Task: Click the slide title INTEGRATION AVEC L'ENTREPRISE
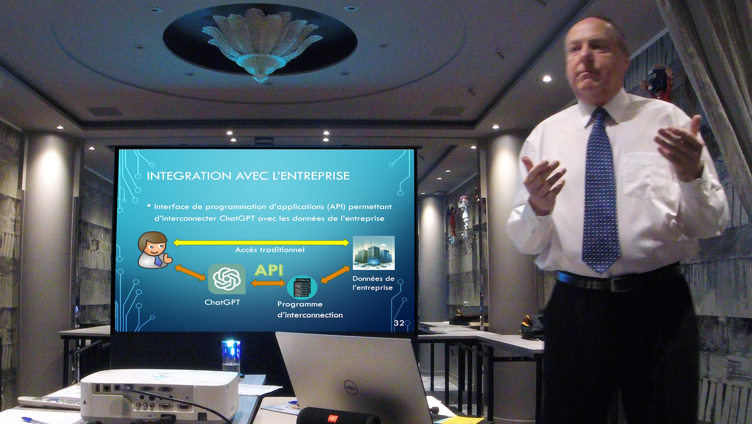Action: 248,176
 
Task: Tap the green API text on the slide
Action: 269,270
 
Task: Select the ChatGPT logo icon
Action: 227,279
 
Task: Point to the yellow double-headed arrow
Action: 261,242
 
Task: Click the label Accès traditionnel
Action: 270,250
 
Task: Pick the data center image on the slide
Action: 374,253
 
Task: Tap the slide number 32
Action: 399,323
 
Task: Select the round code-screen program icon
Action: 302,287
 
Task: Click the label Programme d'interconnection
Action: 310,309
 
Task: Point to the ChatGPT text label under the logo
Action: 222,302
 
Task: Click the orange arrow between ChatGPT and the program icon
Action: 268,283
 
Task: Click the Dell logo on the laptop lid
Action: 350,387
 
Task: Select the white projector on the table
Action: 159,395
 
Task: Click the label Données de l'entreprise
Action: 373,283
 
